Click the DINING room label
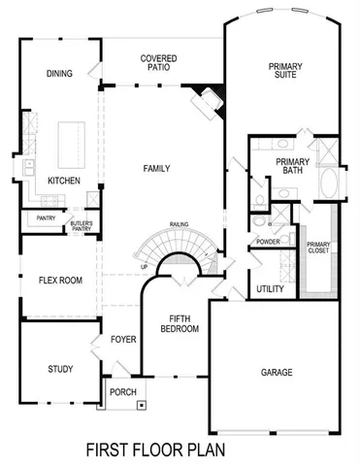point(60,74)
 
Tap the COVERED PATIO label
point(157,64)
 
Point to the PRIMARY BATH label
point(291,166)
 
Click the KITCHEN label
point(63,181)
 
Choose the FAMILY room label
point(155,169)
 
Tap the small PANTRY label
point(46,218)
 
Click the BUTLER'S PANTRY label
point(81,228)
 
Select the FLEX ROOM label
point(59,281)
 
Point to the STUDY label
point(60,369)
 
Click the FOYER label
point(122,340)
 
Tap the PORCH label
point(123,393)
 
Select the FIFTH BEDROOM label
point(184,323)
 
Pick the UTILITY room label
point(270,289)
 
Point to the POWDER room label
point(268,241)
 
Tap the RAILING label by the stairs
point(178,223)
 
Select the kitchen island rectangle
point(70,142)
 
